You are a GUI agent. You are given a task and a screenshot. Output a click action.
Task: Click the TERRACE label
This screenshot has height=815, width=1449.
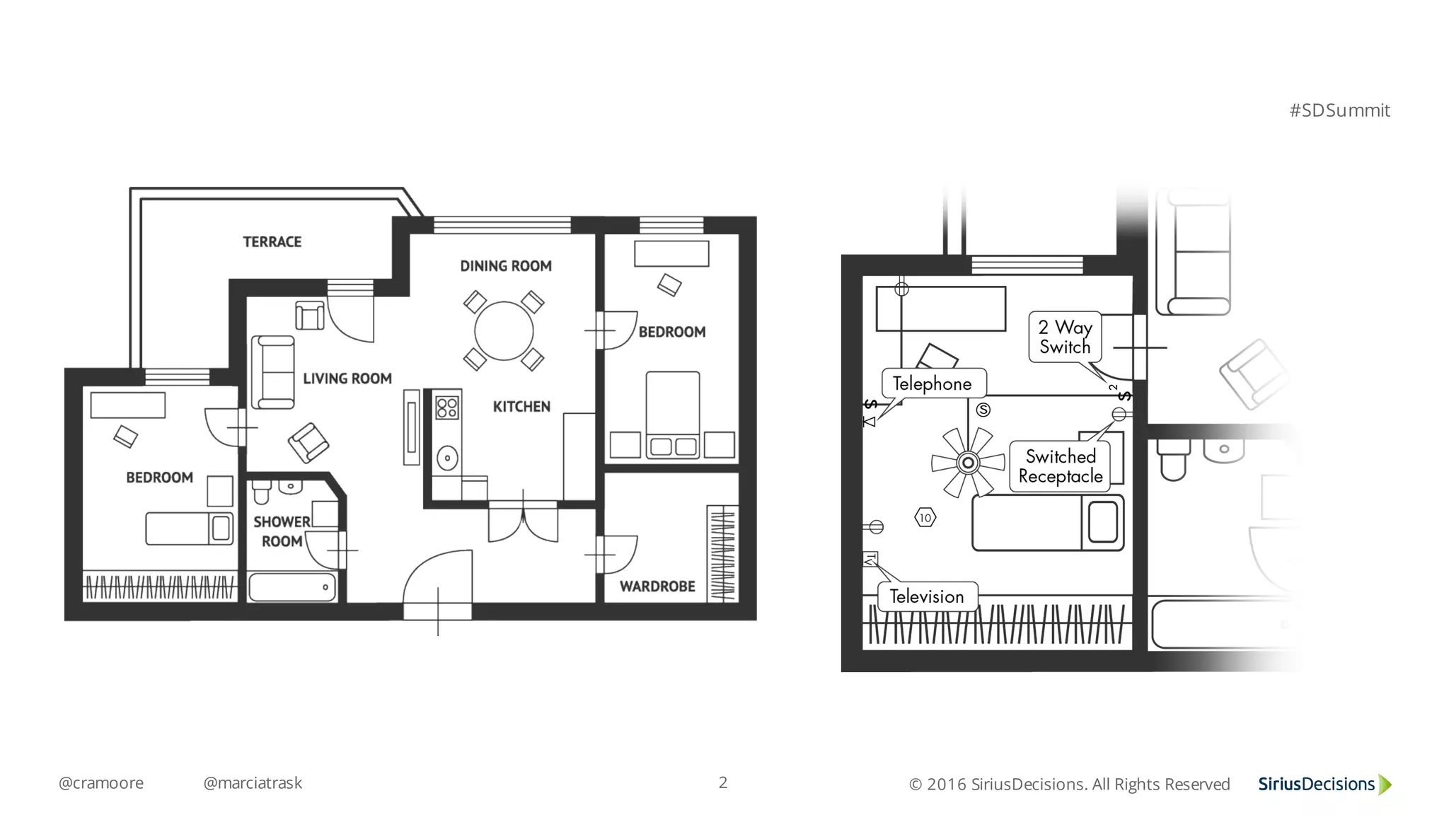click(272, 242)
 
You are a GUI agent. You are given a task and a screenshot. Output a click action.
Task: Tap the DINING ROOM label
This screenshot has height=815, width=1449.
click(506, 266)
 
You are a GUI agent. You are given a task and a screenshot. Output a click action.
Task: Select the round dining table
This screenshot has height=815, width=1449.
click(504, 330)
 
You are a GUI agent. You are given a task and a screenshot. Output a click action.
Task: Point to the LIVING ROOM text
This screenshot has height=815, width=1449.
click(347, 378)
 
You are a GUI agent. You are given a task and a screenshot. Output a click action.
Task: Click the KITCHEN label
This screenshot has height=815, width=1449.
click(521, 407)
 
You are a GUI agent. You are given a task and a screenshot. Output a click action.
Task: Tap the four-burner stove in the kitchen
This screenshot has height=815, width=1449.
click(447, 408)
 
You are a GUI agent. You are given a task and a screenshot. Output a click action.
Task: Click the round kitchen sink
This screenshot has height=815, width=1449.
click(447, 458)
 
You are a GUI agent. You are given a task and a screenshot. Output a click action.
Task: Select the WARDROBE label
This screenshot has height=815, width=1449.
click(657, 586)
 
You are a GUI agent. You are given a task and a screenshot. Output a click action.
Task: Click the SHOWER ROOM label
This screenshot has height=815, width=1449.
click(282, 531)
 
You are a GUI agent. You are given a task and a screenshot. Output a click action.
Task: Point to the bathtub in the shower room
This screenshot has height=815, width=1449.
click(293, 587)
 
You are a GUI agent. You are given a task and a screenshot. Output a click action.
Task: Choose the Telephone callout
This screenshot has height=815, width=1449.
click(934, 383)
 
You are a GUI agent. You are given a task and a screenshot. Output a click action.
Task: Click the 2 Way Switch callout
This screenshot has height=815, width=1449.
click(1065, 337)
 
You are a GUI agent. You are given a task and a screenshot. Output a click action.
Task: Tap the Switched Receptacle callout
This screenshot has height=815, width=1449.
click(1060, 466)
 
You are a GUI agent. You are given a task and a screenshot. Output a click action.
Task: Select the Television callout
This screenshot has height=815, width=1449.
click(928, 596)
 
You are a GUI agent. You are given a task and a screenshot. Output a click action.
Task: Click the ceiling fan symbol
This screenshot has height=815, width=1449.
click(968, 463)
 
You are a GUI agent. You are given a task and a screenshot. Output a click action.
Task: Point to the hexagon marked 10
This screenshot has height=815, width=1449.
click(925, 518)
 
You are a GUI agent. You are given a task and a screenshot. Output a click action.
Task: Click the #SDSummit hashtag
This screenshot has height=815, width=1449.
click(1339, 110)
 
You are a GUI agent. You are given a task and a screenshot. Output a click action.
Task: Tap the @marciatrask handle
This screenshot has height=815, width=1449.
click(253, 782)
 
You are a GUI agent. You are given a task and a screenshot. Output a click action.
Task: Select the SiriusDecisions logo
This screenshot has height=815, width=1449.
click(1324, 784)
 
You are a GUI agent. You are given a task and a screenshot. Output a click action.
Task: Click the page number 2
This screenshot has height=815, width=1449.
click(723, 782)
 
